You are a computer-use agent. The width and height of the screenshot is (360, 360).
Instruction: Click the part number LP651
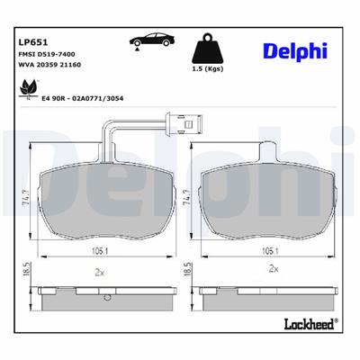[x=32, y=40]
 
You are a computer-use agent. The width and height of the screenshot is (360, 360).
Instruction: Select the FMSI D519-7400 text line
[x=47, y=56]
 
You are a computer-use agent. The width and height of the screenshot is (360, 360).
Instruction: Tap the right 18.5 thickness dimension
[x=188, y=271]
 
